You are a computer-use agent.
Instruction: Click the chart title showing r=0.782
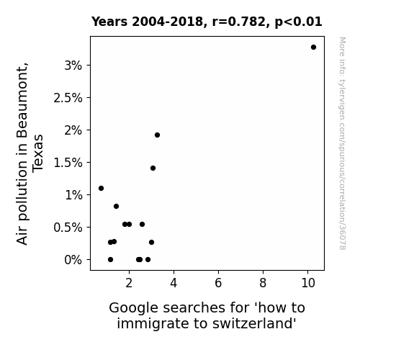(x=207, y=22)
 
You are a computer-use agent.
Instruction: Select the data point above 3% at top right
(x=313, y=48)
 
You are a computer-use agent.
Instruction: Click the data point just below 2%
(x=157, y=135)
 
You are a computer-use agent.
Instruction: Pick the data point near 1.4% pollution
(x=153, y=168)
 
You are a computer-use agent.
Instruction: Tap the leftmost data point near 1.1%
(x=101, y=189)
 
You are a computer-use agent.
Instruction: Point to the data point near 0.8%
(x=116, y=207)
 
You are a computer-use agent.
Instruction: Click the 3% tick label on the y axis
(x=73, y=66)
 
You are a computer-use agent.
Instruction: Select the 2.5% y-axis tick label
(x=68, y=98)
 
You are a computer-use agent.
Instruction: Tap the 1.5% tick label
(x=68, y=163)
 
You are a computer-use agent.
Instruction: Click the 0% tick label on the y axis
(x=73, y=260)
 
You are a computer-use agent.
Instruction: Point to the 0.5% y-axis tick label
(x=68, y=228)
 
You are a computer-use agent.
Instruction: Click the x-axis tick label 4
(x=174, y=283)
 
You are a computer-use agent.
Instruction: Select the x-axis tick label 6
(x=218, y=283)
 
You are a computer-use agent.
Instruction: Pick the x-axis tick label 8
(x=263, y=283)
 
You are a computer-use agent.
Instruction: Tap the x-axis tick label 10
(x=308, y=283)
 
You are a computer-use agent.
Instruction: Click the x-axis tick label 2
(x=129, y=283)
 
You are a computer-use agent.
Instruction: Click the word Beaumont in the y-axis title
(x=22, y=100)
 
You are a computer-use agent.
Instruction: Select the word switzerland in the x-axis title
(x=253, y=323)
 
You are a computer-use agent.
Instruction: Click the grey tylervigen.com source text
(x=342, y=143)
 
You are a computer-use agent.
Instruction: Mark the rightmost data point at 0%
(x=148, y=260)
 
